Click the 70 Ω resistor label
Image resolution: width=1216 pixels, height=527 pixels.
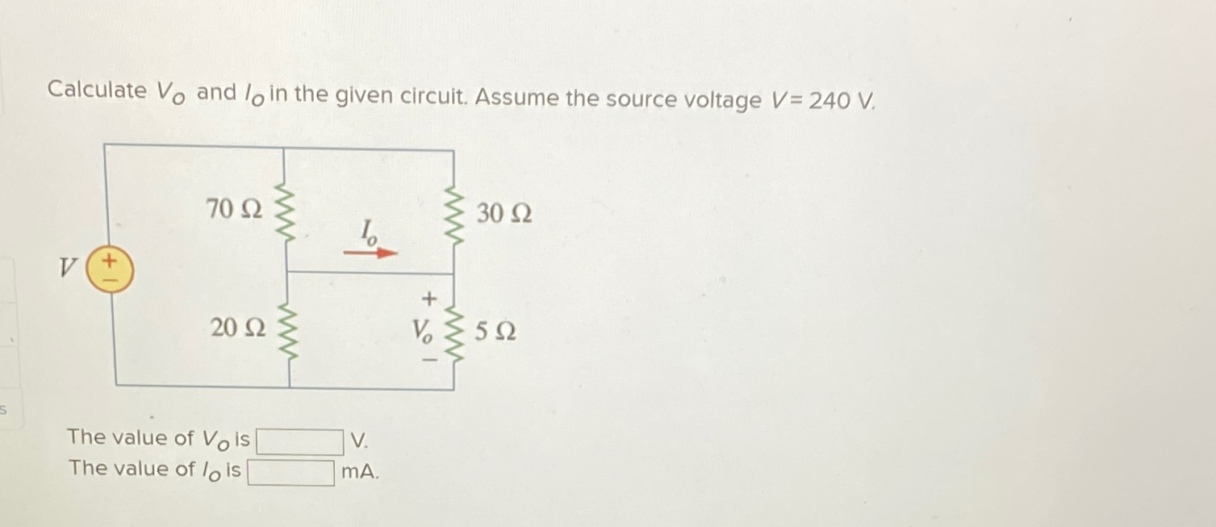pos(234,209)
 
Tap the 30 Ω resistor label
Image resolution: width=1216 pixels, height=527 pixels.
pos(504,214)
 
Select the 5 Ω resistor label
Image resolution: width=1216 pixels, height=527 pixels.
pos(496,332)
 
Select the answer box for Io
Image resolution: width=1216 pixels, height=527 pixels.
pos(290,472)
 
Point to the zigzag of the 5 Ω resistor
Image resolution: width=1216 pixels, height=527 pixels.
pos(453,332)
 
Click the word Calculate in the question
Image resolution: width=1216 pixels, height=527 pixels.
pos(96,90)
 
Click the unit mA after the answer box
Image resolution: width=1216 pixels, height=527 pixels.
pos(358,472)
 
